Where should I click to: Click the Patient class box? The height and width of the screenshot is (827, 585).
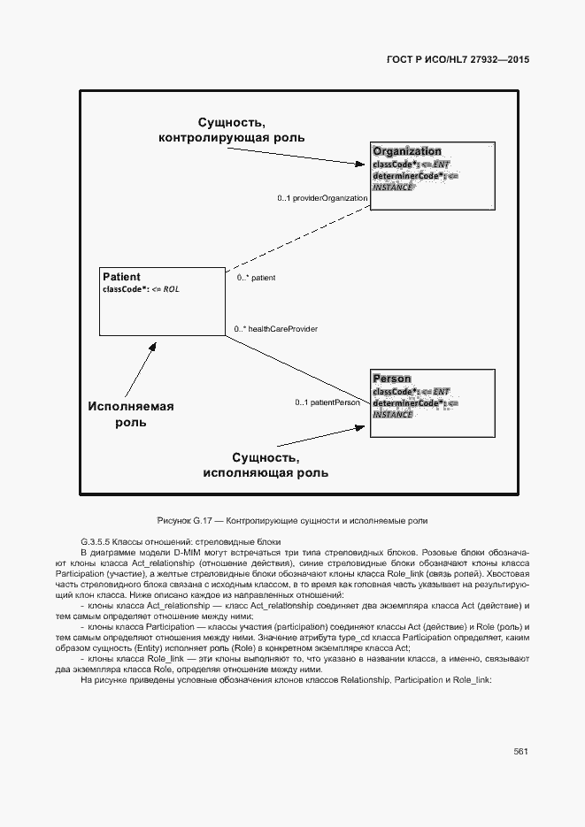click(162, 302)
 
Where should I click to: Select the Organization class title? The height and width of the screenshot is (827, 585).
click(407, 151)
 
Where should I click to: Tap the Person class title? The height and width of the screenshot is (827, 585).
click(392, 379)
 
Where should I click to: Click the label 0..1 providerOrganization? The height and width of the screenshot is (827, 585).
click(322, 198)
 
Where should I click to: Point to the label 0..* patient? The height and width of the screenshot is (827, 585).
click(256, 278)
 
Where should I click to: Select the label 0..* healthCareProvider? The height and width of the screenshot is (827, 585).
click(276, 329)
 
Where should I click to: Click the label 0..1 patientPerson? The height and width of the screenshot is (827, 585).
click(328, 403)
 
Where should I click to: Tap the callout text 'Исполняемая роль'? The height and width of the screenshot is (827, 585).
click(131, 414)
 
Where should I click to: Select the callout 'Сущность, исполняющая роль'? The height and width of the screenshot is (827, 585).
click(266, 465)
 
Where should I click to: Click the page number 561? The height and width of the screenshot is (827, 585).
click(520, 751)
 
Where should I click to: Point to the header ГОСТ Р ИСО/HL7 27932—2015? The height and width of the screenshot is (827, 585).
click(458, 60)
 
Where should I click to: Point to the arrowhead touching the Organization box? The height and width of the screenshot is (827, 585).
click(359, 164)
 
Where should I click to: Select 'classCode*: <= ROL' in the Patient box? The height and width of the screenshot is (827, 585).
click(141, 289)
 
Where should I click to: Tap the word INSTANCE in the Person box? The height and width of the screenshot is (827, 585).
click(393, 415)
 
